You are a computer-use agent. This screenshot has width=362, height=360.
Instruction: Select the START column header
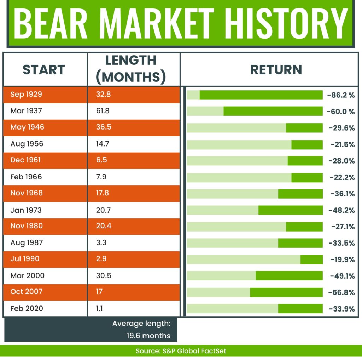coord(44,70)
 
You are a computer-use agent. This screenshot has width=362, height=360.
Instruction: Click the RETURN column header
coord(276,70)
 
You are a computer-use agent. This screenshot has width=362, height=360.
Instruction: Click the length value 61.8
coord(103,111)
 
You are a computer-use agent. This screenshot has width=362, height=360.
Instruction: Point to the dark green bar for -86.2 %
coord(261,95)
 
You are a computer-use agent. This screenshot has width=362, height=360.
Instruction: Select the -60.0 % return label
coord(340,112)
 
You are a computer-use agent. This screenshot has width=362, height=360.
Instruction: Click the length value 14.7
coord(103,144)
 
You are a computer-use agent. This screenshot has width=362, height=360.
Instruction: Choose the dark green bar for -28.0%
coord(305,161)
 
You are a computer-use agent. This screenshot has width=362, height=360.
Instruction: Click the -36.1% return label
coord(343,194)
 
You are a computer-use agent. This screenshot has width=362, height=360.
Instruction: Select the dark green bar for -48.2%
coord(291,210)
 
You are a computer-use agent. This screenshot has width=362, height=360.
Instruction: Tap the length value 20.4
coord(104,226)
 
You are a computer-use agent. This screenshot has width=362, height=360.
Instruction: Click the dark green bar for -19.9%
coord(312,259)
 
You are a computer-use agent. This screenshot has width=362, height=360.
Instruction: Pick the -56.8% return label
coord(341,292)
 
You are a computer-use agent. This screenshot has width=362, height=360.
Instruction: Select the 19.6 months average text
coord(148,336)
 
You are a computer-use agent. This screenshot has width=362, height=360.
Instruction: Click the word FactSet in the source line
coord(214,351)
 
